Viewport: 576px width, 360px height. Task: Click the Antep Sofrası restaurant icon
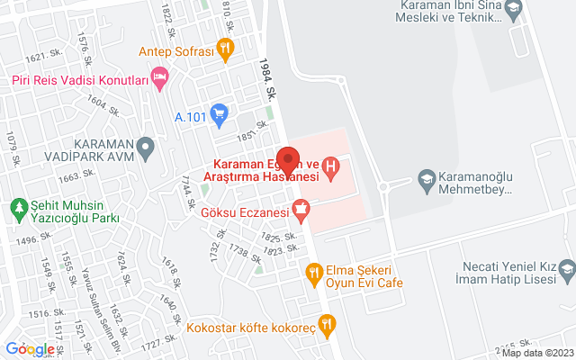(226, 49)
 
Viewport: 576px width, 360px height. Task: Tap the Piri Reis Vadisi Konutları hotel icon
(160, 81)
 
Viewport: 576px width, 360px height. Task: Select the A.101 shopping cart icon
(219, 114)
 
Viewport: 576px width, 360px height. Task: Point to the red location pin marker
(287, 158)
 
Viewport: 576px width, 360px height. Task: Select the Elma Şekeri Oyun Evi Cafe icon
(313, 269)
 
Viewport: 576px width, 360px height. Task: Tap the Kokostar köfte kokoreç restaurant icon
(328, 325)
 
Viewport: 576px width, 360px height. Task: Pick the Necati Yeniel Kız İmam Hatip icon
(567, 267)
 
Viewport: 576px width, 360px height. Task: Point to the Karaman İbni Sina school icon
(513, 10)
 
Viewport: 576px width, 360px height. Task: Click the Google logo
(30, 348)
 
